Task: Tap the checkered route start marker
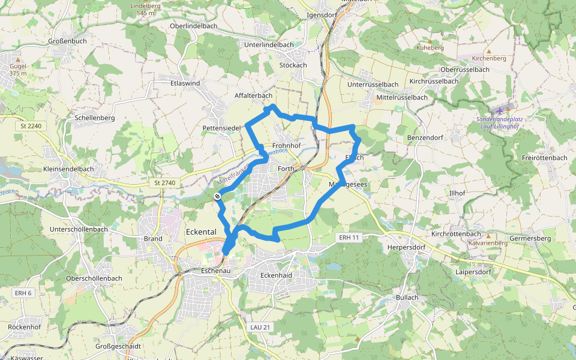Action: [218, 196]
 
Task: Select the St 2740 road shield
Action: [164, 182]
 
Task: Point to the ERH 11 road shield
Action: [349, 238]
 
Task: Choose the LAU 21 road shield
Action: [260, 327]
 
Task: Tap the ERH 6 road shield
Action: [22, 293]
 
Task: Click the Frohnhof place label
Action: [286, 146]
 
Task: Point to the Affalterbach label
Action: [253, 95]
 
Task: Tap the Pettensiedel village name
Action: [221, 128]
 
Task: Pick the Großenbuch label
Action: [67, 41]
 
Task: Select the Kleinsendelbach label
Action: [69, 169]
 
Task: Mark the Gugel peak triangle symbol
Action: [18, 60]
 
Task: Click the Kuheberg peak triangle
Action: [429, 40]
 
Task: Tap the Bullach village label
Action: [407, 298]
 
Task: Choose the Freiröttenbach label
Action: [545, 158]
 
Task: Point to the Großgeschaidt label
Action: [118, 346]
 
